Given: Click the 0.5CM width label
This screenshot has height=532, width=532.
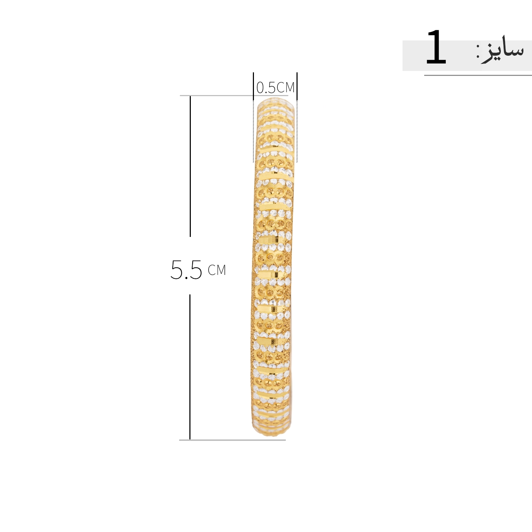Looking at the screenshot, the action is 276,87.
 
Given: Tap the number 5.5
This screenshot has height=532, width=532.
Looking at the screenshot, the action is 186,270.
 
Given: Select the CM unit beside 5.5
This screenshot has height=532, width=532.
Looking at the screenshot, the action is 217,270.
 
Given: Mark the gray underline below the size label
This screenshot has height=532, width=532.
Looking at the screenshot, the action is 478,75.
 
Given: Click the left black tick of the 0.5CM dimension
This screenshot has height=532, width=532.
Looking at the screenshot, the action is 253,87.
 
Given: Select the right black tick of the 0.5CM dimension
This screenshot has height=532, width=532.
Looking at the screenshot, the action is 297,87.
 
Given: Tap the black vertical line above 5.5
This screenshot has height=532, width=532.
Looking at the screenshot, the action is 190,166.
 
